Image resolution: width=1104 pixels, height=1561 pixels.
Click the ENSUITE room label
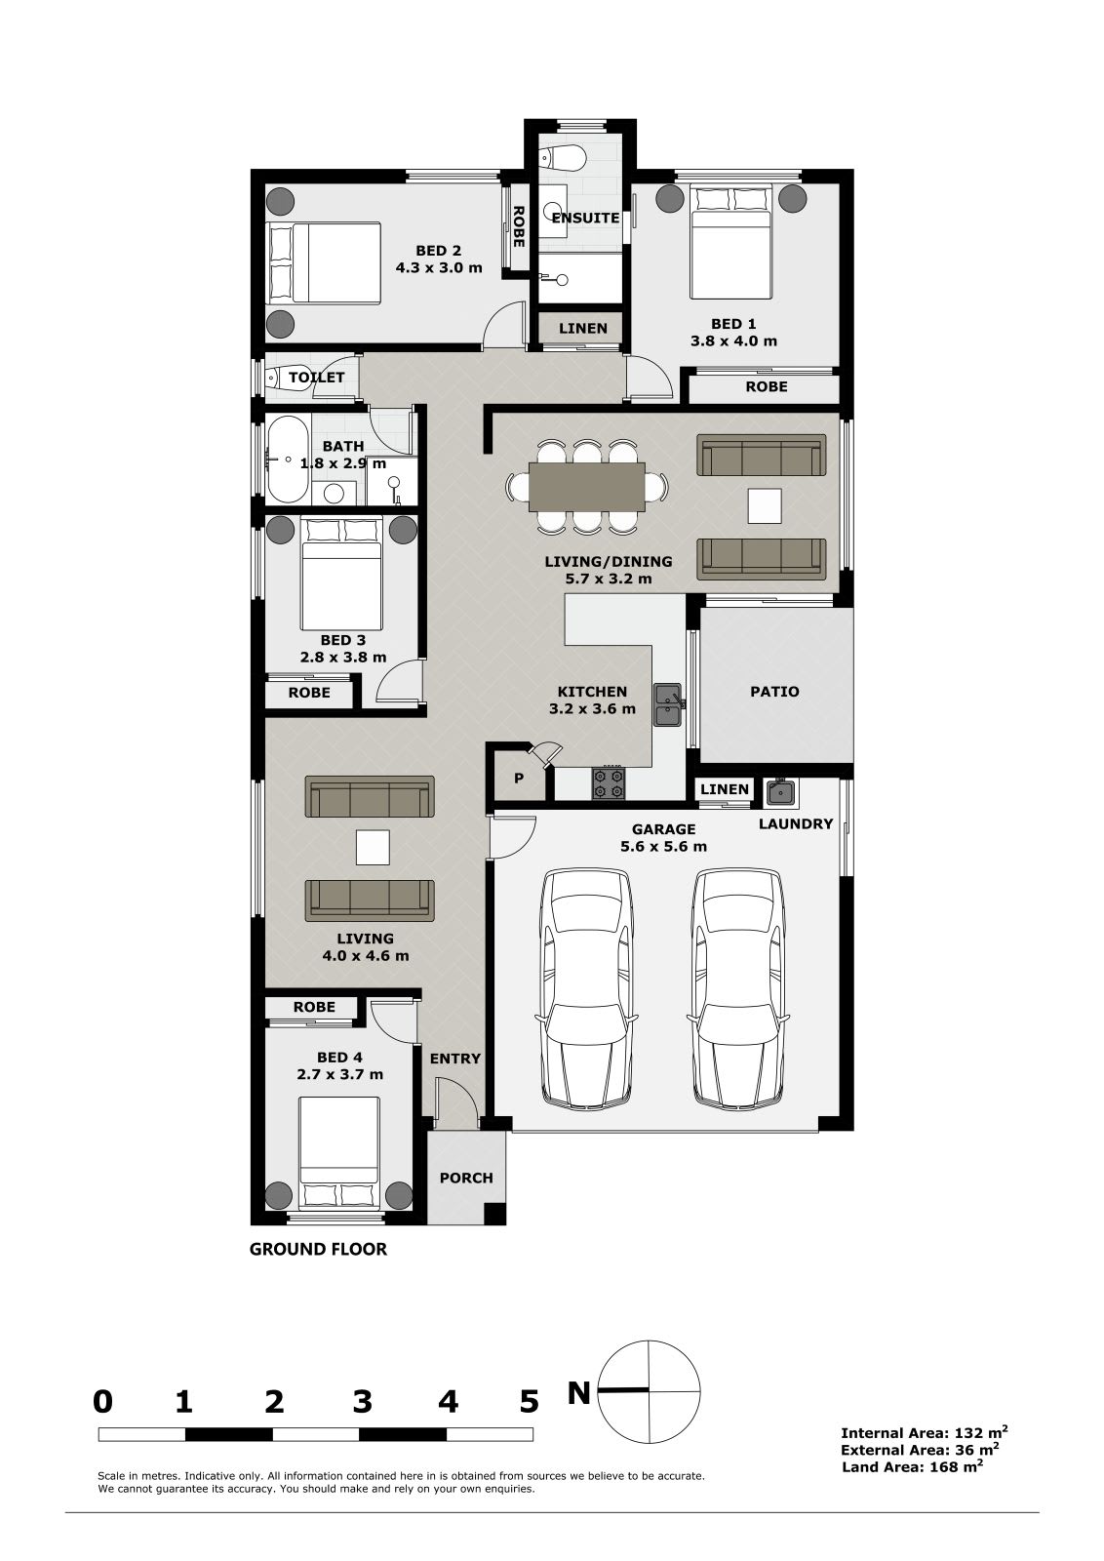[x=585, y=219]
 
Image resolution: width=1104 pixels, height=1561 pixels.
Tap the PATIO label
[x=774, y=692]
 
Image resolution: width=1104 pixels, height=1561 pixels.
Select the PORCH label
[x=466, y=1178]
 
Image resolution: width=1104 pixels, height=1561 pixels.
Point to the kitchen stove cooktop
[x=609, y=782]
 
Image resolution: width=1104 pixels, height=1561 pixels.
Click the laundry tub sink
[x=780, y=791]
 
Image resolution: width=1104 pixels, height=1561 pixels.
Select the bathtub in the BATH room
[x=287, y=460]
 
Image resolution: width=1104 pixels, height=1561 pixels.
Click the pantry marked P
[x=519, y=778]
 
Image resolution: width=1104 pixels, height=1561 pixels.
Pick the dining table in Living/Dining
[x=586, y=487]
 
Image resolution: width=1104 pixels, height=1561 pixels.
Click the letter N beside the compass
[x=578, y=1393]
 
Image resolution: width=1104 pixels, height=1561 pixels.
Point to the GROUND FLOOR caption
[x=318, y=1249]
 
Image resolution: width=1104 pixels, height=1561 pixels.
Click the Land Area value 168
[x=959, y=1466]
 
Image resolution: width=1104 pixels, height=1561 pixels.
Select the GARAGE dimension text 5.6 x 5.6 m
[x=664, y=846]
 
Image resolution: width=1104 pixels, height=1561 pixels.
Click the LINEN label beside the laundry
[x=725, y=789]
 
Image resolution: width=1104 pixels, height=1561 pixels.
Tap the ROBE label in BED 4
[x=314, y=1007]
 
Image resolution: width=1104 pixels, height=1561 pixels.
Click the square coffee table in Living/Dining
[x=764, y=505]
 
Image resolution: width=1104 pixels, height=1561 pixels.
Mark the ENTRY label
[x=455, y=1059]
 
